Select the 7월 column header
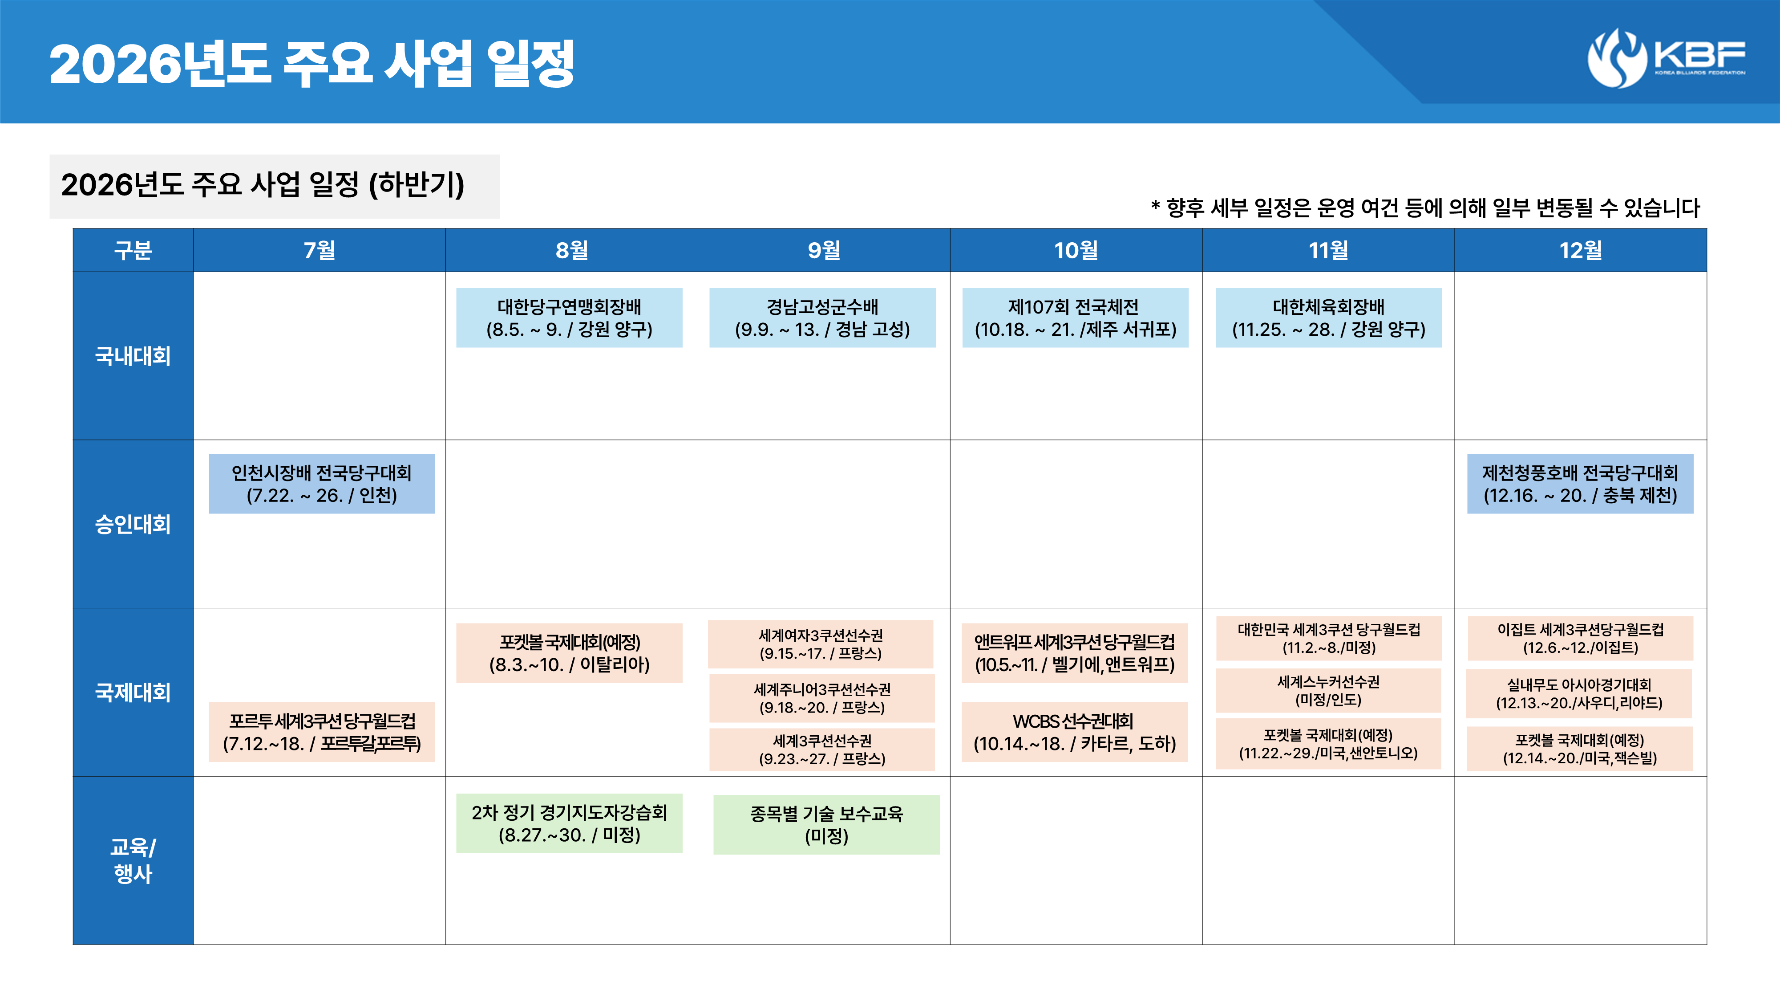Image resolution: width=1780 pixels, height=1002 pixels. (x=319, y=250)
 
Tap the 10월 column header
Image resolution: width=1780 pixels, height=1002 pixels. (x=1076, y=250)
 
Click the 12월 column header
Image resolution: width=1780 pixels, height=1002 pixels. (x=1580, y=250)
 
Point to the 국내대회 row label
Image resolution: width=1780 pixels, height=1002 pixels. (x=133, y=356)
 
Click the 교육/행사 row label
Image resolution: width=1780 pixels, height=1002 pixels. (x=133, y=860)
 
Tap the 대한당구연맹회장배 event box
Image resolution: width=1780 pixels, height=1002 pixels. (x=570, y=318)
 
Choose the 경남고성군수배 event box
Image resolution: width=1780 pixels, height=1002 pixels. (x=822, y=318)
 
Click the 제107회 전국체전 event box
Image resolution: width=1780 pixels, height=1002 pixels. (x=1075, y=318)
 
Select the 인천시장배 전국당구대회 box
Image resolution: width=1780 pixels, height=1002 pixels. (x=322, y=483)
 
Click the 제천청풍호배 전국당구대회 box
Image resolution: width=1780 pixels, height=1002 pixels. (x=1580, y=483)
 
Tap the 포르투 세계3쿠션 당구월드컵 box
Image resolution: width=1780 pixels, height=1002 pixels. (x=322, y=732)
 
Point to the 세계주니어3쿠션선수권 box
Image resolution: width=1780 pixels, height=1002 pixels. (x=822, y=698)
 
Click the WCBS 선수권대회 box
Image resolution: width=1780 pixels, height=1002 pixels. (x=1075, y=732)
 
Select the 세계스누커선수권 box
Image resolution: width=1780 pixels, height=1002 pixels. (x=1328, y=691)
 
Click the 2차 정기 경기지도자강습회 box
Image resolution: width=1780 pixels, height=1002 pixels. (x=570, y=823)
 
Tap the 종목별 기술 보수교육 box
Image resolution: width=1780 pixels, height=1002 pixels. (x=826, y=824)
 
